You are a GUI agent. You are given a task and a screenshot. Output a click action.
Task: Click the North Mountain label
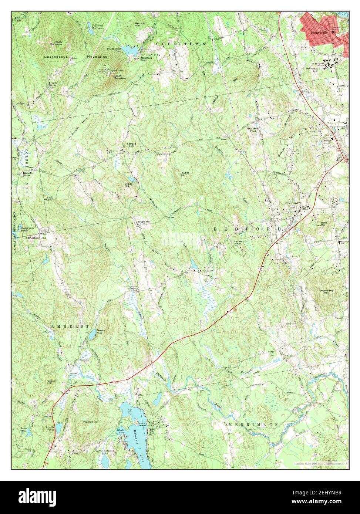pyautogui.click(x=58, y=43)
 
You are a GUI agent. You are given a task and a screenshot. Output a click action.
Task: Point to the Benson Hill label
pyautogui.click(x=140, y=24)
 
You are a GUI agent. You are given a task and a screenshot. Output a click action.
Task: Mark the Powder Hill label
pyautogui.click(x=184, y=174)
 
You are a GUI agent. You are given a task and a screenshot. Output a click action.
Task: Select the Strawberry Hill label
pyautogui.click(x=326, y=292)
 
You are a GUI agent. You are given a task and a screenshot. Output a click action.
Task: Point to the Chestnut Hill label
pyautogui.click(x=37, y=238)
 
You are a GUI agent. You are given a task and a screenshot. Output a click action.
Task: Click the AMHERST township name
pyautogui.click(x=70, y=327)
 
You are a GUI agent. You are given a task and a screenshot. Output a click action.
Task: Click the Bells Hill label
pyautogui.click(x=324, y=224)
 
